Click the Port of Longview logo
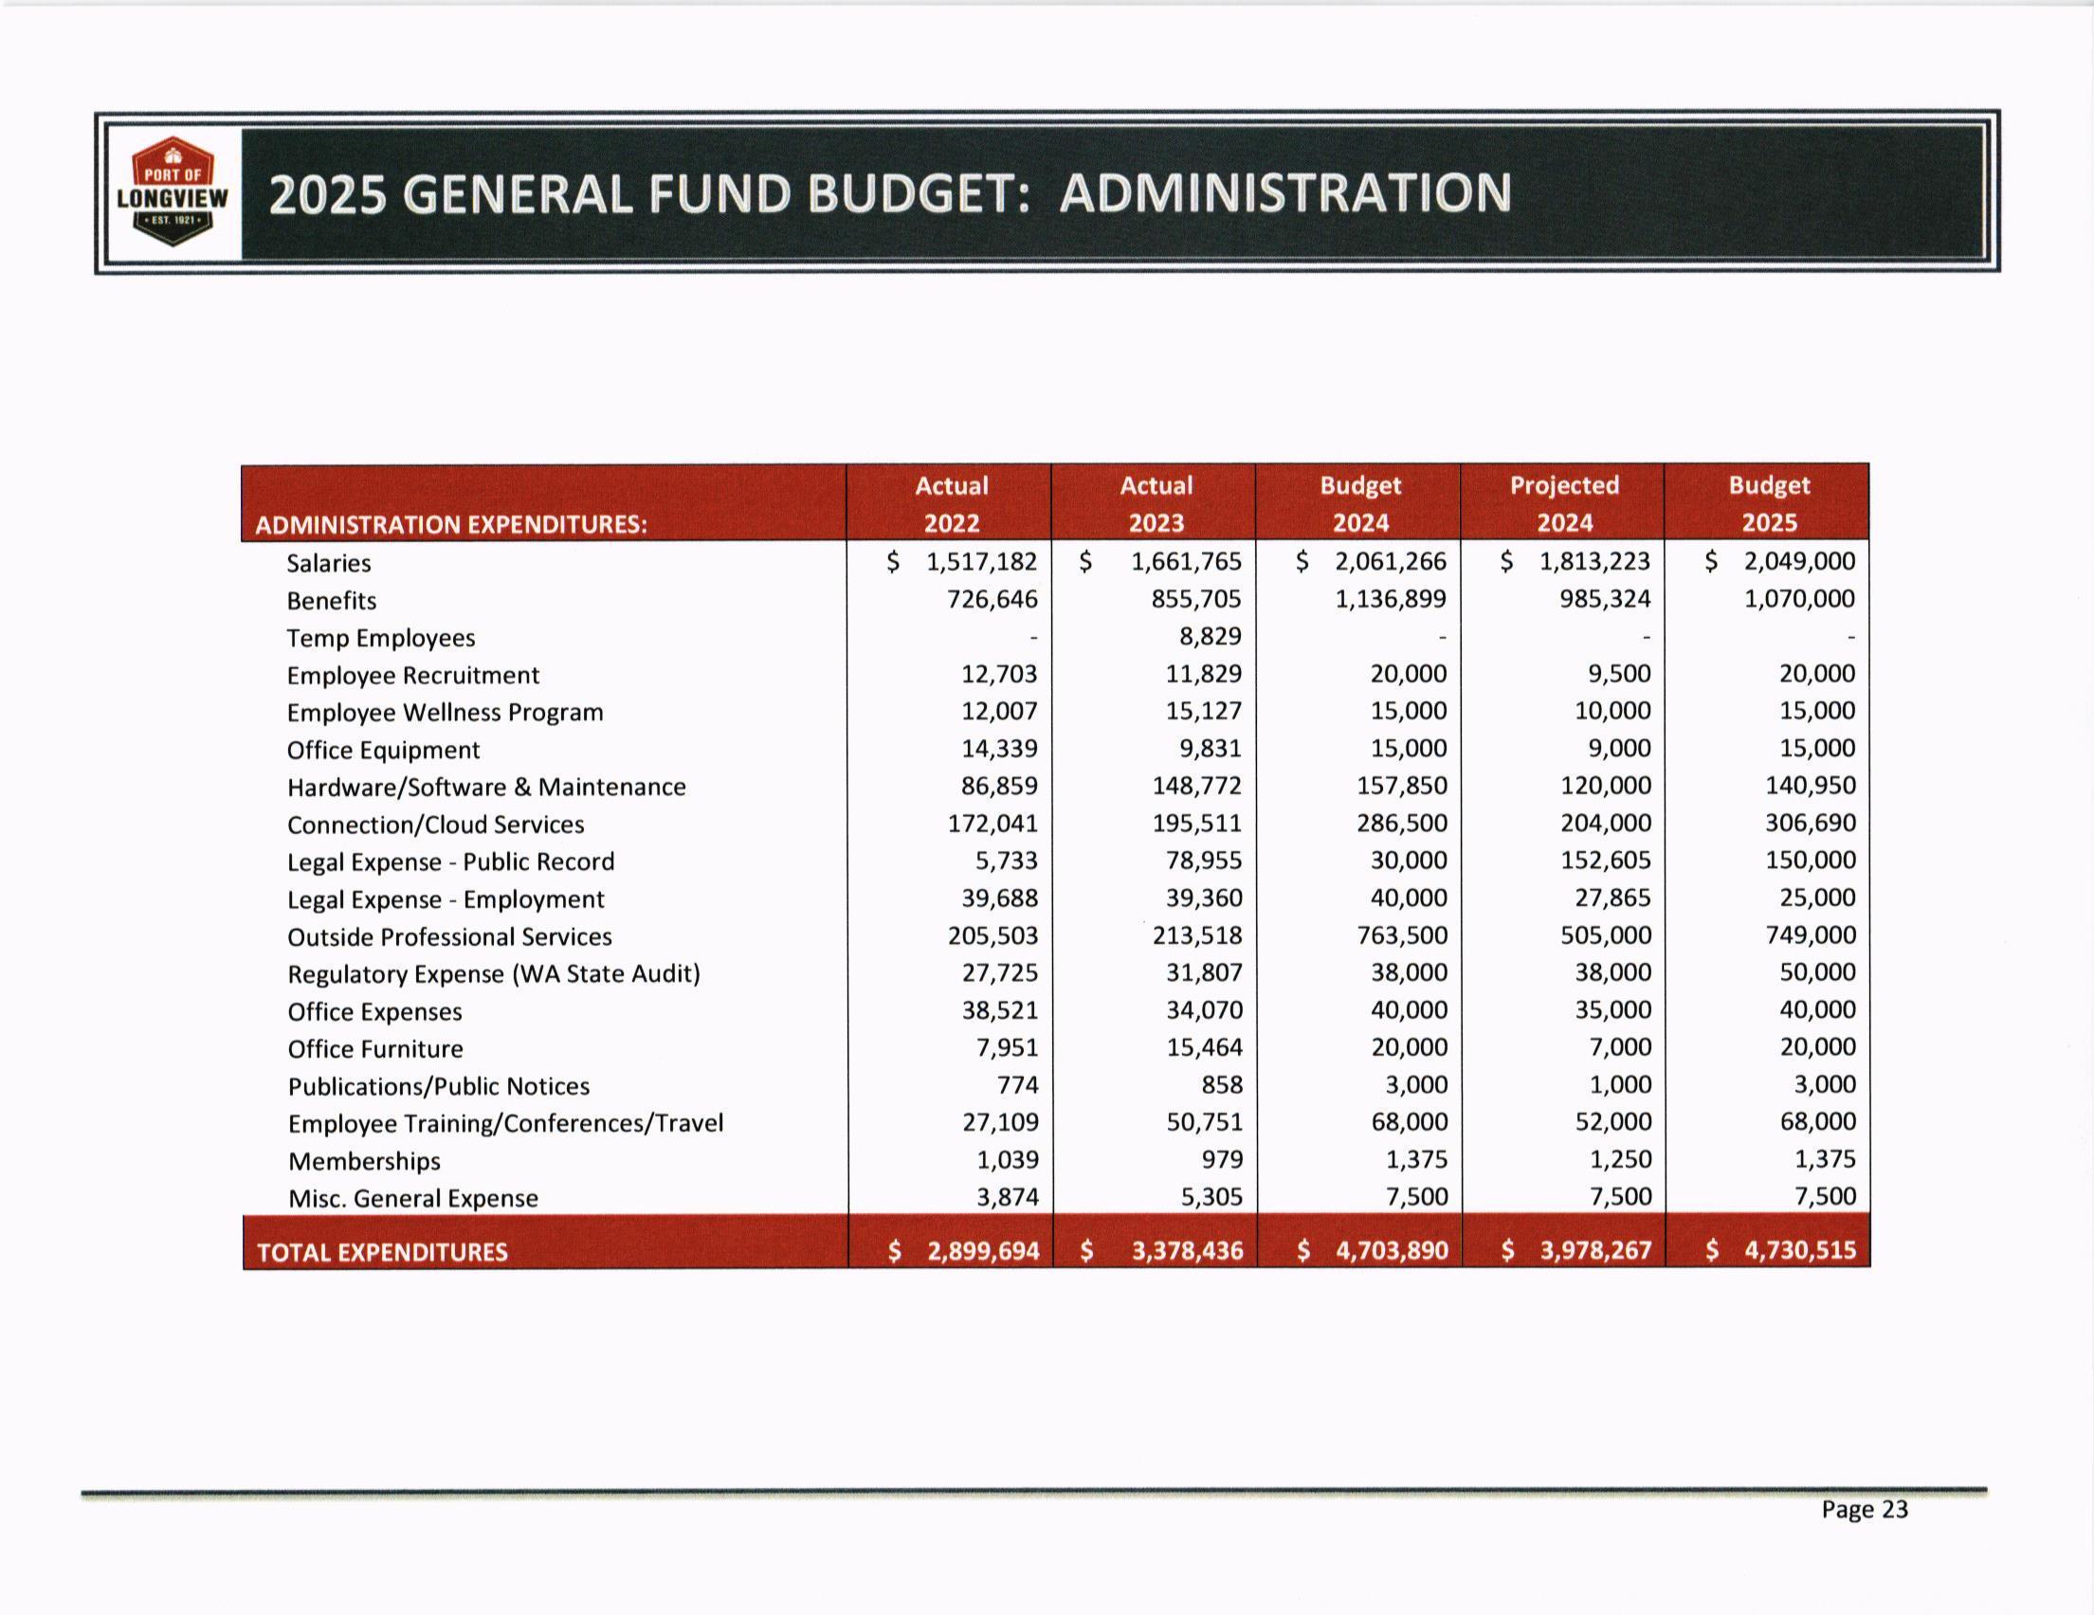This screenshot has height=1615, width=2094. click(173, 192)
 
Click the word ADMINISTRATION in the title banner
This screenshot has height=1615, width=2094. click(1284, 192)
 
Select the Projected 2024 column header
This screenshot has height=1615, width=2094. click(1564, 503)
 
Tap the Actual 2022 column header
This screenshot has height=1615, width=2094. click(951, 503)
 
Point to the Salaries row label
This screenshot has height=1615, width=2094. click(329, 563)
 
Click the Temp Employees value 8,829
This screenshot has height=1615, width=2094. click(1210, 636)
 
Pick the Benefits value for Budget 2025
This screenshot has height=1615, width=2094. click(1799, 599)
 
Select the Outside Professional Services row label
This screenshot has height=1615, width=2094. click(449, 936)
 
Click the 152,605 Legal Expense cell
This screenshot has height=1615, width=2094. click(1606, 860)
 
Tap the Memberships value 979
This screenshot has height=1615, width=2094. click(1223, 1160)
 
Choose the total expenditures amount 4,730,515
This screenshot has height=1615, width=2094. click(1799, 1250)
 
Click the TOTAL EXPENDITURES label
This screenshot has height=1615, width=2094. click(383, 1252)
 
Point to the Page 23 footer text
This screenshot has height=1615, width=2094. click(1864, 1510)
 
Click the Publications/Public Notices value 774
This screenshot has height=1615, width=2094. click(1017, 1085)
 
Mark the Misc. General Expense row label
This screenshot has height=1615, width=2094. click(413, 1198)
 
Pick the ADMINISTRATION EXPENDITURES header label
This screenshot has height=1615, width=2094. click(450, 524)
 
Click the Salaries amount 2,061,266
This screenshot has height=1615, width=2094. click(1391, 561)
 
